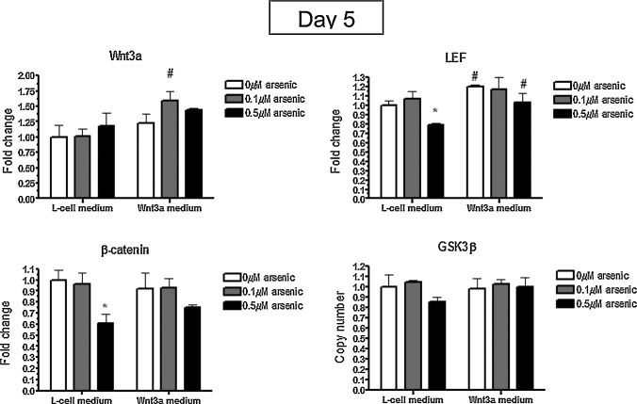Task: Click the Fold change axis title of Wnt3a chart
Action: (x=9, y=137)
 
